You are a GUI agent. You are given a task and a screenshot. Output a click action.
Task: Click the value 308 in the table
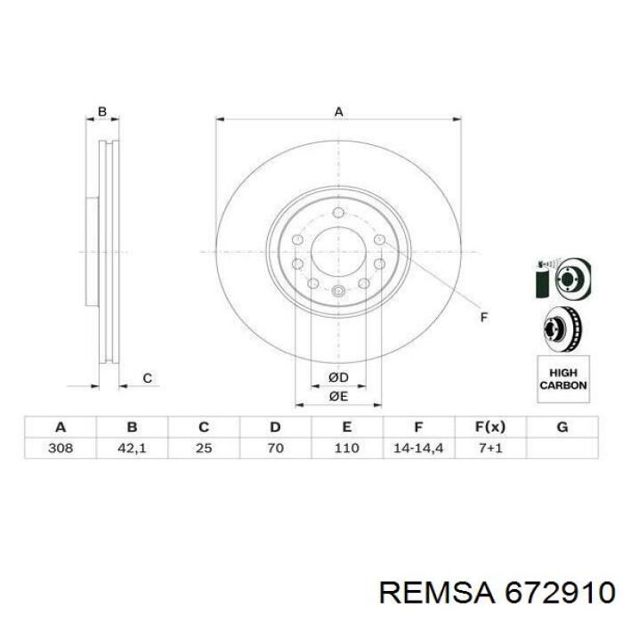click(61, 449)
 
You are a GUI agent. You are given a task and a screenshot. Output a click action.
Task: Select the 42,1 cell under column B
click(132, 449)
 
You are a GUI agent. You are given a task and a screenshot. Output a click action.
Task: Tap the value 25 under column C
click(204, 449)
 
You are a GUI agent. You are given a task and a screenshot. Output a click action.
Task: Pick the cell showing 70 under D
click(275, 449)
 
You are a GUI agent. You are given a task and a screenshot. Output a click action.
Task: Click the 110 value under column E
click(347, 449)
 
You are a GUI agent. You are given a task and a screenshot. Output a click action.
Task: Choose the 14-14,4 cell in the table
click(418, 449)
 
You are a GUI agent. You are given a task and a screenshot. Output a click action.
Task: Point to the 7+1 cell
click(490, 449)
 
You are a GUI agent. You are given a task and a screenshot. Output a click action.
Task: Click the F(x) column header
click(490, 427)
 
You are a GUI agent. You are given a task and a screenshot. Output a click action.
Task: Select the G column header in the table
click(562, 427)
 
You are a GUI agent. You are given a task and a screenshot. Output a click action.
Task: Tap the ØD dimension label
click(338, 377)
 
